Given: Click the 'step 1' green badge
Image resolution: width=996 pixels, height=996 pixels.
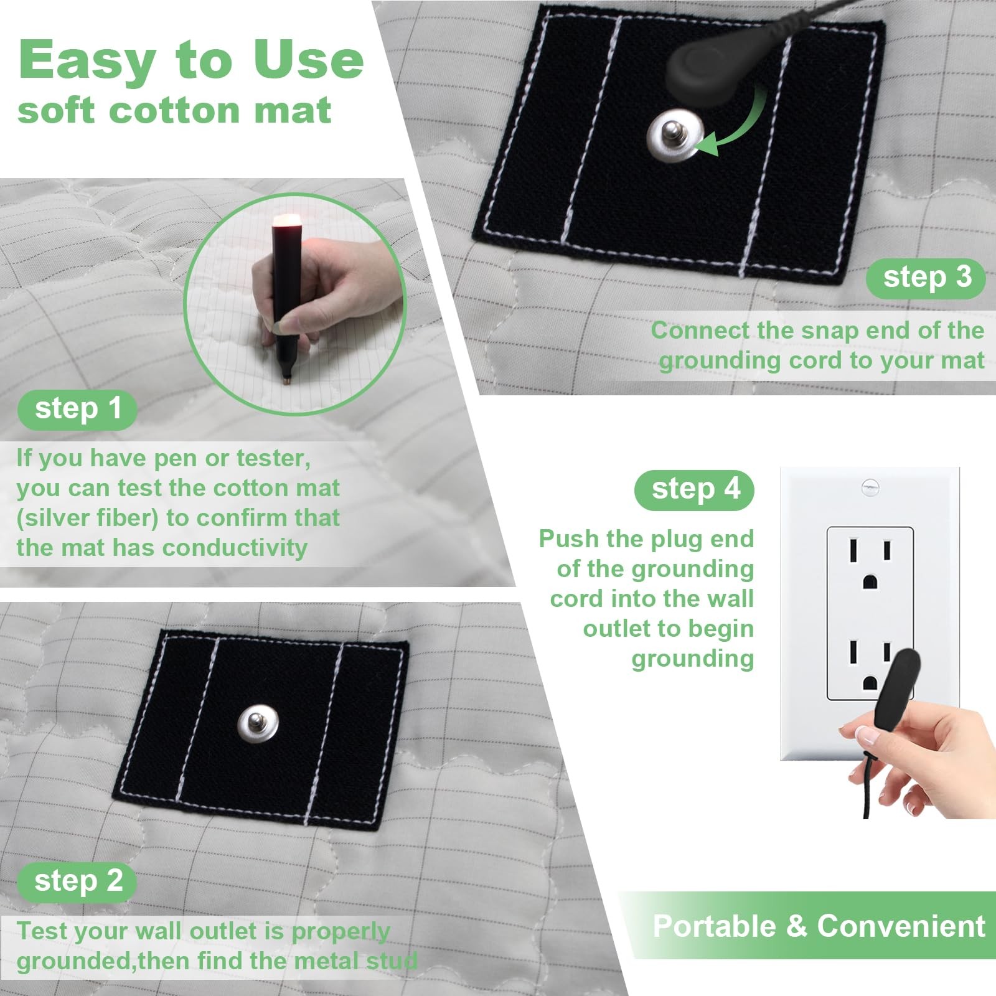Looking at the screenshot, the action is point(77,410).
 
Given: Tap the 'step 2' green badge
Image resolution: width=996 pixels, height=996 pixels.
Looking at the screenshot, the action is point(77,881).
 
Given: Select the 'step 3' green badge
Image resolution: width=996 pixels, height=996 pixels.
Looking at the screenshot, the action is point(926,278).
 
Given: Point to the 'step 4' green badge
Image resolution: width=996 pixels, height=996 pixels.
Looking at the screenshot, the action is point(695,490).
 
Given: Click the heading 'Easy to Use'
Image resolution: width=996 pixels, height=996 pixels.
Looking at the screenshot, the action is point(190,60).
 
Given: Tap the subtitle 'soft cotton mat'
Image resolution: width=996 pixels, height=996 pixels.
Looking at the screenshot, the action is point(174,111).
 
